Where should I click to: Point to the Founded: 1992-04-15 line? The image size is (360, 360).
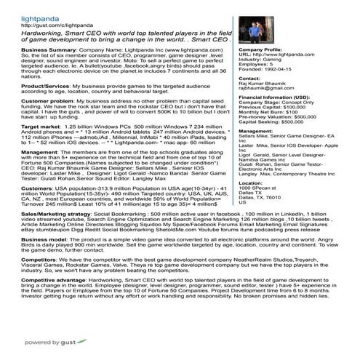click(265, 70)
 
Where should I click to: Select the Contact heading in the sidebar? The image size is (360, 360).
click(249, 78)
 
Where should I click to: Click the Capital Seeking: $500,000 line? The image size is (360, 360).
click(273, 122)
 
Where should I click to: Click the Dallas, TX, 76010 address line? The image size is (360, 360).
click(262, 198)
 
